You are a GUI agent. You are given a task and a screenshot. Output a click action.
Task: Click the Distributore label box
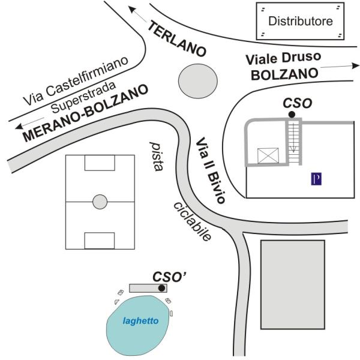pos(300,21)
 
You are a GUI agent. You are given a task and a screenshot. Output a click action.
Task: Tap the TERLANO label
pos(177,39)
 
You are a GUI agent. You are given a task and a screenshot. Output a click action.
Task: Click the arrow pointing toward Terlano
pos(137,14)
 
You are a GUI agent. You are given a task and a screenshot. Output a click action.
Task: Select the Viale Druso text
pos(283,58)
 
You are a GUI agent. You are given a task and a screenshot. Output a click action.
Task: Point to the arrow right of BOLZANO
pos(340,67)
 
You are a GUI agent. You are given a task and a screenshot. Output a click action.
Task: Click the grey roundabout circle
pos(198,81)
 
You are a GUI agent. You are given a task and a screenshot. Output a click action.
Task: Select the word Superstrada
pos(83,97)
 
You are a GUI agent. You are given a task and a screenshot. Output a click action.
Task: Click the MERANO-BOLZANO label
pos(85,113)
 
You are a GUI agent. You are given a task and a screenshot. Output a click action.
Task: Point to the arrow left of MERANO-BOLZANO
pos(29,123)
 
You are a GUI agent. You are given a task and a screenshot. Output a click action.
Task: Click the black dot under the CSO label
pos(292,115)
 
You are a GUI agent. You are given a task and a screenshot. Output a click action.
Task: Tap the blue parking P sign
pos(316,179)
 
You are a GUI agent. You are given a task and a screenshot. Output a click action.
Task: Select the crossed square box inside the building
pos(268,155)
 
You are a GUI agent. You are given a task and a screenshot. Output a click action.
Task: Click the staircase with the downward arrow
pos(293,142)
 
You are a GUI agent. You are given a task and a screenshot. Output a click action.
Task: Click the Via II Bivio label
pos(211,170)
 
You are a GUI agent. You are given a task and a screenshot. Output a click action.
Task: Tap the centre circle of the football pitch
pos(100,202)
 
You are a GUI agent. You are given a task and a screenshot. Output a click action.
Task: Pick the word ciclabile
pos(192,221)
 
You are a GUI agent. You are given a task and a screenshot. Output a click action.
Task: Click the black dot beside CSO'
pos(161,288)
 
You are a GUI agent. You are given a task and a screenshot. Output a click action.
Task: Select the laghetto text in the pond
pos(141,321)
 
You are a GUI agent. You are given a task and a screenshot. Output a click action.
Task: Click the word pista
pos(157,157)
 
